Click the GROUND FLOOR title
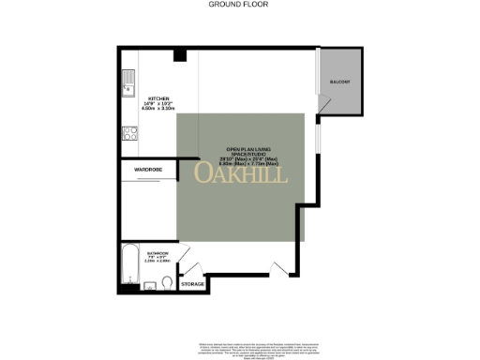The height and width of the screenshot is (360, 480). coord(240,4)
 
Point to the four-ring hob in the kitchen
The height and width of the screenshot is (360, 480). coord(127,133)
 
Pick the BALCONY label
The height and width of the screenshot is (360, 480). coord(339,82)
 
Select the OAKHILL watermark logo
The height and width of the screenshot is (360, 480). coord(241,173)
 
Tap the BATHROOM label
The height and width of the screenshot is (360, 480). coord(157,252)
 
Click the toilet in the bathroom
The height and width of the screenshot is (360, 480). coord(166,283)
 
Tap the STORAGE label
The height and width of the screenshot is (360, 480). coord(192,282)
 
